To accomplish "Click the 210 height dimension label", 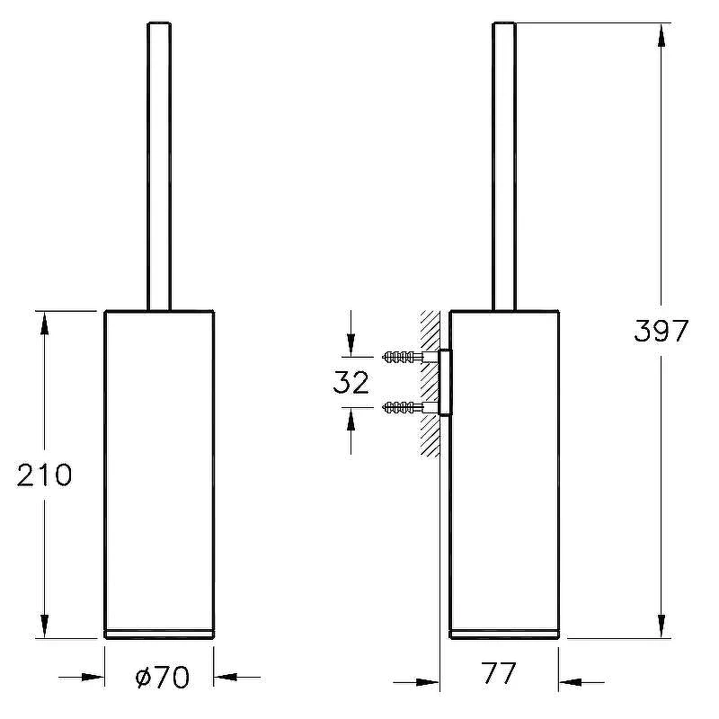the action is coord(44,475).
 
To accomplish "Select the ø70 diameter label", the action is coord(163,677).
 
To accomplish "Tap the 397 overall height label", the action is coord(661,330).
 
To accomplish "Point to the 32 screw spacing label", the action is coord(351,383).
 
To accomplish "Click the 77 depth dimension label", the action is coord(499,673).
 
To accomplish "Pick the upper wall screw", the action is coord(403,356).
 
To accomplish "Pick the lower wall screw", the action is coord(403,407).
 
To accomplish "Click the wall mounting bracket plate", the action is coord(445,382).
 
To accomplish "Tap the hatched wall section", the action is coord(431,384).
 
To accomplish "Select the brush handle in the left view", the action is coord(159,166).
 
